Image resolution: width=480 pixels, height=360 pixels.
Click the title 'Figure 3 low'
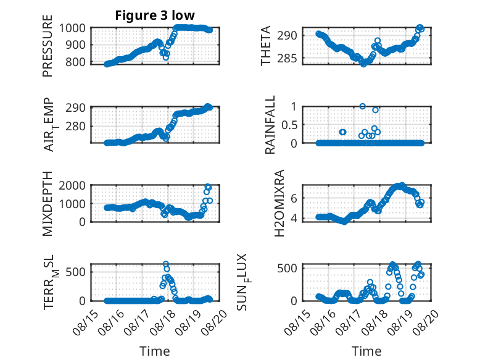click(x=155, y=15)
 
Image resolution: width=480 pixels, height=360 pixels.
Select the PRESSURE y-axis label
click(x=48, y=46)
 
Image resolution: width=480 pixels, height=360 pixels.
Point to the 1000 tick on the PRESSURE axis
click(x=72, y=28)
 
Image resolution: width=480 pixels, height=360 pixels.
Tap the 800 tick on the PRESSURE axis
click(x=75, y=62)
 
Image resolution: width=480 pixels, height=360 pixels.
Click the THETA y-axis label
click(x=266, y=46)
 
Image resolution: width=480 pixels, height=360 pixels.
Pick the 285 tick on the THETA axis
click(x=287, y=58)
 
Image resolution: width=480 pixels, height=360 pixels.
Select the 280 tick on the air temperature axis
click(x=76, y=126)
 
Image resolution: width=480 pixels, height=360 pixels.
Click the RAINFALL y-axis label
click(x=270, y=125)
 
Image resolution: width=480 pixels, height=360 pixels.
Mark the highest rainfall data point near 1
click(x=362, y=106)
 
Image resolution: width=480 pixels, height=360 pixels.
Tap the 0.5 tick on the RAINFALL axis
click(x=289, y=125)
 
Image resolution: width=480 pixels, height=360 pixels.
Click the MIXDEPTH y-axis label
click(x=48, y=204)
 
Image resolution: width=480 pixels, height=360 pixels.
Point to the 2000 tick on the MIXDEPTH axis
click(x=72, y=185)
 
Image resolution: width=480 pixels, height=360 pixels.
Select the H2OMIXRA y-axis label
click(x=279, y=203)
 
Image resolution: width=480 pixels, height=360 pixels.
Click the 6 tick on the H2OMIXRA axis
click(x=294, y=198)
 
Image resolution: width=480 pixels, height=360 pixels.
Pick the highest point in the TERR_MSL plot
click(x=165, y=264)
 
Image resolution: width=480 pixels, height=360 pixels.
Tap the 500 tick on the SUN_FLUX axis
click(x=287, y=268)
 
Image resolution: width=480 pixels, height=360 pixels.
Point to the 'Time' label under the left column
click(x=155, y=351)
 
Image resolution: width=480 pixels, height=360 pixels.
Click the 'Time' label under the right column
click(x=366, y=351)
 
